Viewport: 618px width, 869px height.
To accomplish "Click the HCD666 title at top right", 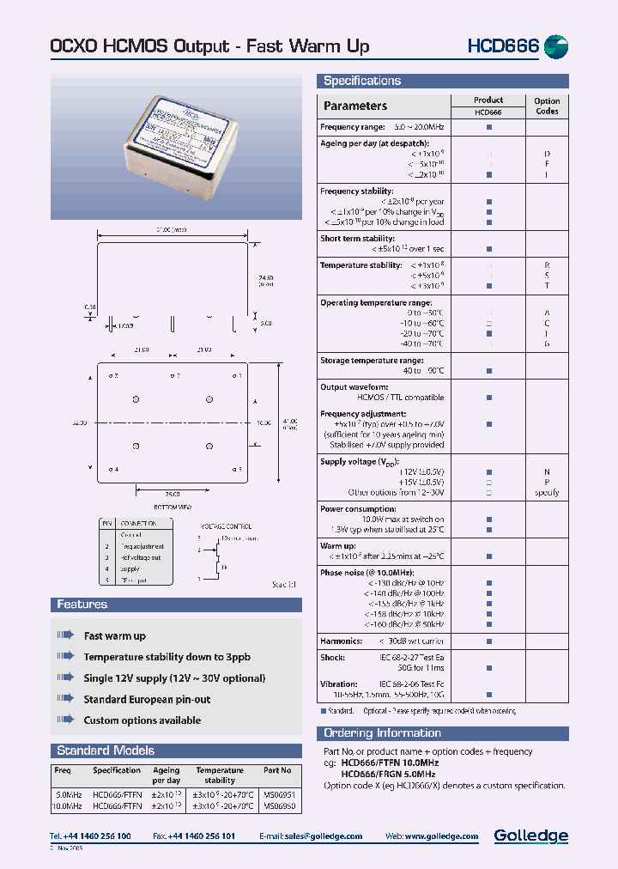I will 502,46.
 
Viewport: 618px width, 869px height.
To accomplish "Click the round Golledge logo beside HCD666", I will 556,46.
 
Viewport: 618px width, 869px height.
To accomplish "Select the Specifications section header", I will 361,81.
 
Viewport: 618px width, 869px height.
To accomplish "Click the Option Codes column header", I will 546,106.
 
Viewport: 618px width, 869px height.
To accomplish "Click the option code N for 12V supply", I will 546,472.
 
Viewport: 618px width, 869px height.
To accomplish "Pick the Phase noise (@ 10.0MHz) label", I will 367,572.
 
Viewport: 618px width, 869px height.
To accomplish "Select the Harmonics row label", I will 341,641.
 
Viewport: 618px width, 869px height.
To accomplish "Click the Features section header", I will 82,605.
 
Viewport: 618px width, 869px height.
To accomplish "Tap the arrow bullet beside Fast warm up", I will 66,636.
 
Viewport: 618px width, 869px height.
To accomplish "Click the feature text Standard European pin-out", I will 147,700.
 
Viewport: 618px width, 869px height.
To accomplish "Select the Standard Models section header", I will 106,750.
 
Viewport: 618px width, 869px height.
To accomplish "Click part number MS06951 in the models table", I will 277,794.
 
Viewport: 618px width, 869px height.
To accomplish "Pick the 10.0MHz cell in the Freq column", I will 67,806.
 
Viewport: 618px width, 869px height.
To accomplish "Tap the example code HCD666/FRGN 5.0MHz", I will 389,774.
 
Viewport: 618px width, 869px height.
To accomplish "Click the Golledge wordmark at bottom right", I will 530,836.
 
